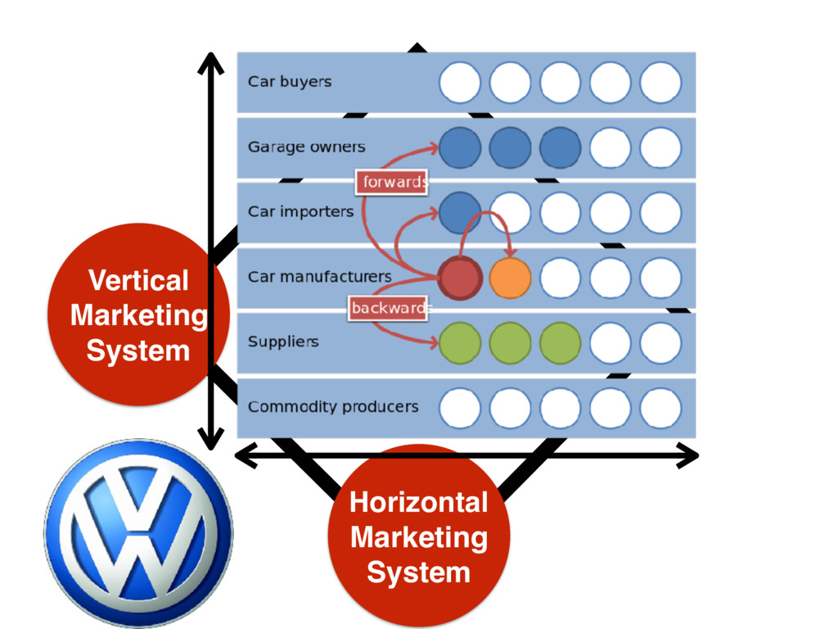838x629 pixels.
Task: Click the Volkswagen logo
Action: [x=137, y=533]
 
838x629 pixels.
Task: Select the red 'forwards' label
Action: [x=391, y=182]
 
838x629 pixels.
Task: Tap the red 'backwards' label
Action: [x=388, y=308]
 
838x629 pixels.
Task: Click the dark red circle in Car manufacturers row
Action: [x=459, y=278]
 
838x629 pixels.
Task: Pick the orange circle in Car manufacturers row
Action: [x=510, y=278]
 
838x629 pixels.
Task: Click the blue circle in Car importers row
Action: [x=460, y=212]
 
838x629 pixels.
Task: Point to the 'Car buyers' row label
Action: [x=290, y=82]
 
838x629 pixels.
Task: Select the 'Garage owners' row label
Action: [x=306, y=147]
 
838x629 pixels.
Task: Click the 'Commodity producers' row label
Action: [x=332, y=407]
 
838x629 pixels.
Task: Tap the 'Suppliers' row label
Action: [x=282, y=342]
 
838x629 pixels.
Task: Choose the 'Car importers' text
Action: [x=300, y=212]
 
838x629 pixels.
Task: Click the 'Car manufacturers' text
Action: [x=319, y=277]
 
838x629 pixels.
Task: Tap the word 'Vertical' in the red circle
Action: [x=137, y=280]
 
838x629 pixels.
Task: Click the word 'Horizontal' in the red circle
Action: [x=418, y=502]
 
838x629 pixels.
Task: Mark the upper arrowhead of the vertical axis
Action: [x=210, y=62]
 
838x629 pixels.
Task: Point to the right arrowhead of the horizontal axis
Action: [x=689, y=456]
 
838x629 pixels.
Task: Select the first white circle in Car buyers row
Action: [x=460, y=83]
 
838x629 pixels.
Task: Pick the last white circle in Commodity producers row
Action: [x=660, y=408]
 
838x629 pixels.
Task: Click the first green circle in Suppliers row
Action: [x=460, y=342]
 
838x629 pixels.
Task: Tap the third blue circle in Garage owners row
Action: [x=560, y=148]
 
